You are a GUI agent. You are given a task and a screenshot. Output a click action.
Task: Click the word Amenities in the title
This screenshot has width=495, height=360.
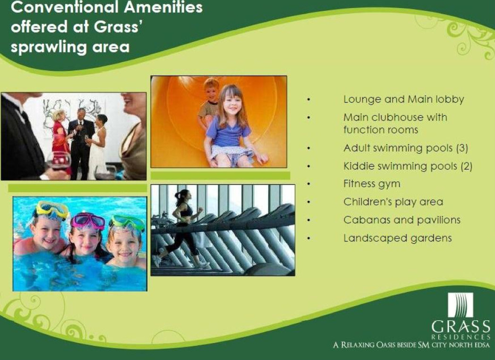pyautogui.click(x=163, y=7)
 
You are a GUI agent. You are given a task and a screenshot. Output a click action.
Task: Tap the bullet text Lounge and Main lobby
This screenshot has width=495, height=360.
pyautogui.click(x=403, y=100)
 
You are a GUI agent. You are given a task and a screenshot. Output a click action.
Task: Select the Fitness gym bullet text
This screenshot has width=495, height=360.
pyautogui.click(x=372, y=184)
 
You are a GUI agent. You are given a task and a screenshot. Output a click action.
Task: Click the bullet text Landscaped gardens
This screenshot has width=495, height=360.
pyautogui.click(x=397, y=238)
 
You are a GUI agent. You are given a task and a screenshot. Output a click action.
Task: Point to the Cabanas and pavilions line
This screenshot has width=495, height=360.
pyautogui.click(x=402, y=220)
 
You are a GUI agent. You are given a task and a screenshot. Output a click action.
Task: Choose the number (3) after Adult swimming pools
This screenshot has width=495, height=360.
pyautogui.click(x=462, y=148)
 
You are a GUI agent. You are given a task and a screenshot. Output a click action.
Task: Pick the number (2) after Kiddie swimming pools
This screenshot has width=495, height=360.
pyautogui.click(x=466, y=166)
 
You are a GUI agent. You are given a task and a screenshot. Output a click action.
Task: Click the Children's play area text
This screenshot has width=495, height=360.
pyautogui.click(x=393, y=202)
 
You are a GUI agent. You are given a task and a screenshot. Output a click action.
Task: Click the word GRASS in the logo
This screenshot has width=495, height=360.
pyautogui.click(x=461, y=326)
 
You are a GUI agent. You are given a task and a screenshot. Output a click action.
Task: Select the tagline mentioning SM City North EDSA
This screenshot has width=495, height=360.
pyautogui.click(x=411, y=344)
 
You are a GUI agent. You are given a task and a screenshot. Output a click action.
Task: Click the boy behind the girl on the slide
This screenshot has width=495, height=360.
pyautogui.click(x=209, y=104)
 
